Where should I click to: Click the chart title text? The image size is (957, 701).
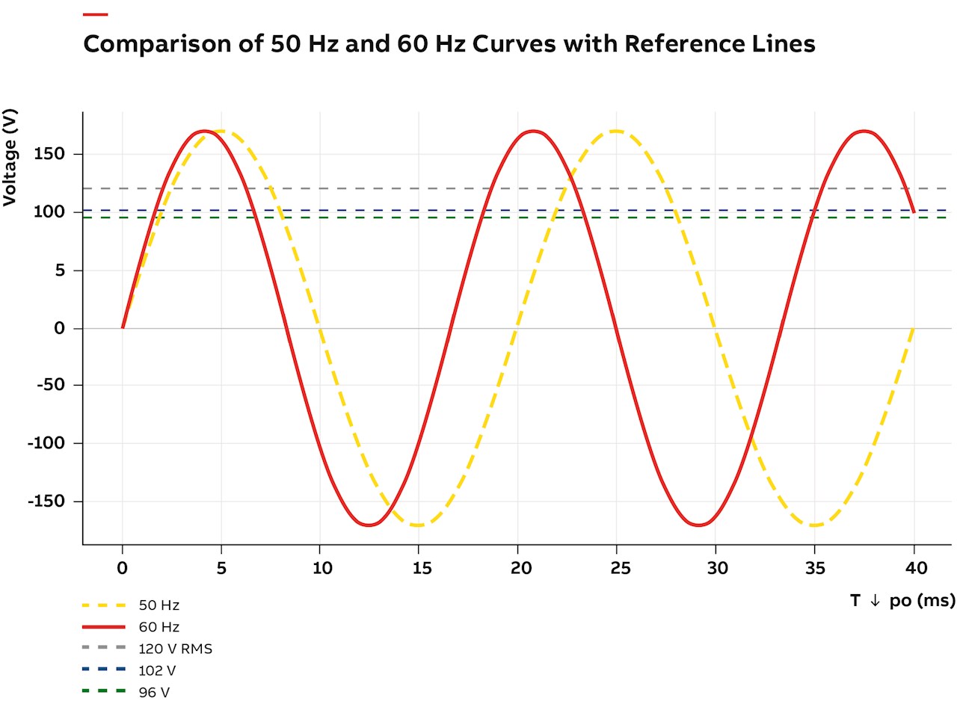pos(449,44)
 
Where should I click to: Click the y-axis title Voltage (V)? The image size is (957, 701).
pos(10,158)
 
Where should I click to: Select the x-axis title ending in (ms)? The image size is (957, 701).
pos(902,601)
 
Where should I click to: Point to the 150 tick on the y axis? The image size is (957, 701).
pos(49,155)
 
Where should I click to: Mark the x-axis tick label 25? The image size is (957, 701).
pos(617,569)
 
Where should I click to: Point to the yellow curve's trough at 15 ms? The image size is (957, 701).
pos(419,525)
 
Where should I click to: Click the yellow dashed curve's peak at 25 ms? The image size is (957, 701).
pos(617,131)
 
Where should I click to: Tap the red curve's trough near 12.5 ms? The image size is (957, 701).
pos(369,525)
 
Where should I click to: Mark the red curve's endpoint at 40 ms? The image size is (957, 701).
pos(914,212)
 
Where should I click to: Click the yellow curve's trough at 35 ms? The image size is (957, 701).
pos(814,525)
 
